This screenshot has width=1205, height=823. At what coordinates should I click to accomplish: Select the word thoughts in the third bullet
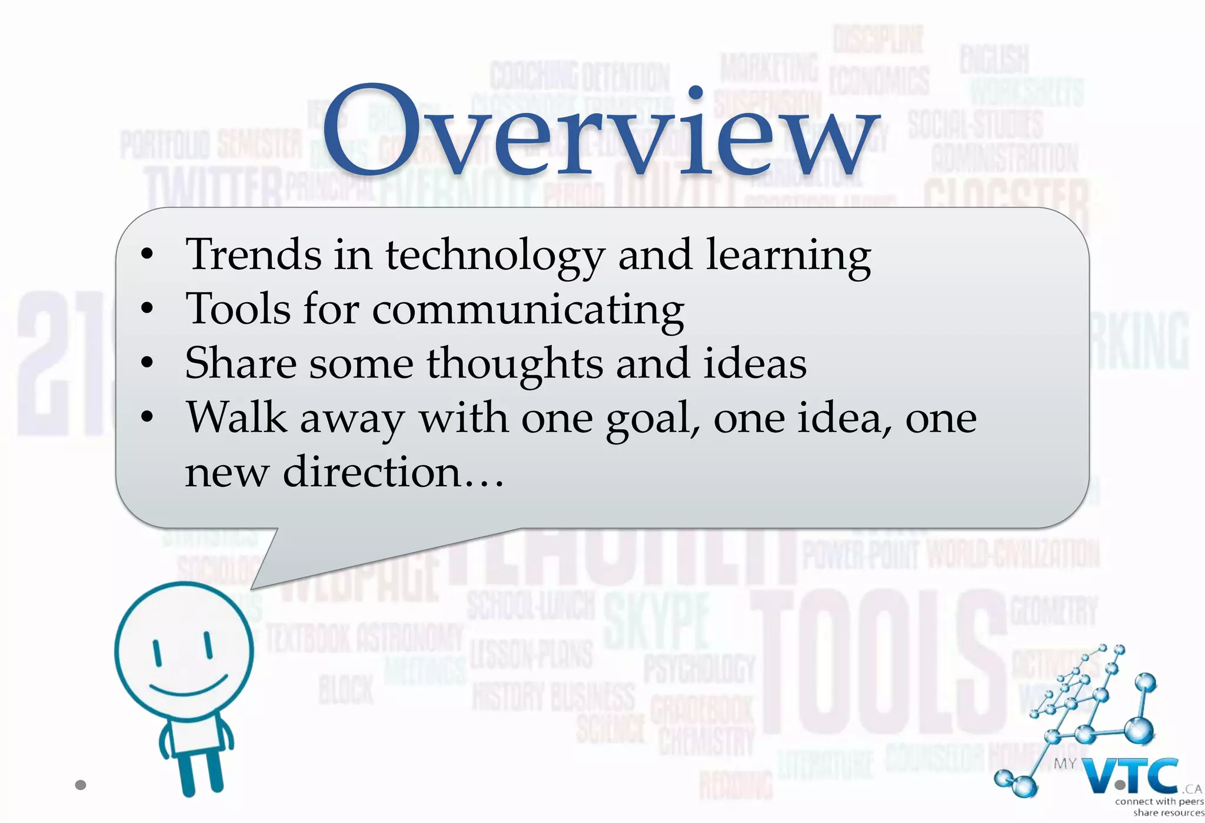[515, 364]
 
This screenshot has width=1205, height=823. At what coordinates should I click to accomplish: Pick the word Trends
[253, 255]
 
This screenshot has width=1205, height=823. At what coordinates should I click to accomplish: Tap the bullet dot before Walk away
[147, 417]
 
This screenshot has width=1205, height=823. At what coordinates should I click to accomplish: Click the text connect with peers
[1159, 801]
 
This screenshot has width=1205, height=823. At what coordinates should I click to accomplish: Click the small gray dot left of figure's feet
[81, 785]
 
